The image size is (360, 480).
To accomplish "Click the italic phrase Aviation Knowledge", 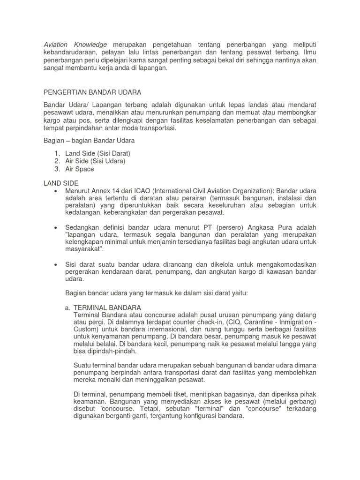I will pos(75,44).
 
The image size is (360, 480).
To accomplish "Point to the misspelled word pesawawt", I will pos(60,113).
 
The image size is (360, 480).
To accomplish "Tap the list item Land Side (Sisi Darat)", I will pos(97,153).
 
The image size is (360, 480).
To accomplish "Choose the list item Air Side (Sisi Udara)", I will pos(95,161).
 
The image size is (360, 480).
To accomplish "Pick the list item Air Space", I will pos(80,169).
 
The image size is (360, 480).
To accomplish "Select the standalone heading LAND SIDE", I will pos(61,183).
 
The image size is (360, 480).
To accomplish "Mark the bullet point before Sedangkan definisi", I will pos(56,227).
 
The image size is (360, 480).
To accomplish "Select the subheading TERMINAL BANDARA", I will pos(107,307).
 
